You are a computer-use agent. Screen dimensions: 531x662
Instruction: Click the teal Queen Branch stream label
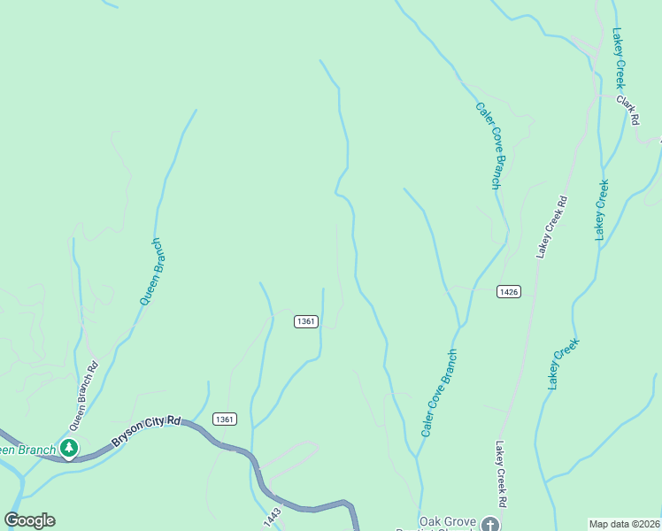coord(150,272)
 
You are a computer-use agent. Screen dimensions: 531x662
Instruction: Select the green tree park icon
coord(69,449)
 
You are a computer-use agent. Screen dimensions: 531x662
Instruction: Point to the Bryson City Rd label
coord(146,431)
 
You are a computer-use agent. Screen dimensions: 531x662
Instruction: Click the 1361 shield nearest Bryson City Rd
coord(225,419)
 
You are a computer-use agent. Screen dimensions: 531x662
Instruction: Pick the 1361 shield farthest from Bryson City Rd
coord(306,321)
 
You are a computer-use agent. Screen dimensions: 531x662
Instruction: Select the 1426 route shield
coord(508,291)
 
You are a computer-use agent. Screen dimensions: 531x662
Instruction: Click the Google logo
coord(29,520)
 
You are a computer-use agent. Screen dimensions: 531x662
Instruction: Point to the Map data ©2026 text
coord(625,524)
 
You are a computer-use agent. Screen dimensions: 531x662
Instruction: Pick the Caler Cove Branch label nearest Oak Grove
coord(439,392)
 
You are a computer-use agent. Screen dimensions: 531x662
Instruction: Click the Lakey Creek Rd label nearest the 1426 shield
coord(550,227)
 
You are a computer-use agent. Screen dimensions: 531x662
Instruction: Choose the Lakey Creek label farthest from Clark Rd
coord(563,364)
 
